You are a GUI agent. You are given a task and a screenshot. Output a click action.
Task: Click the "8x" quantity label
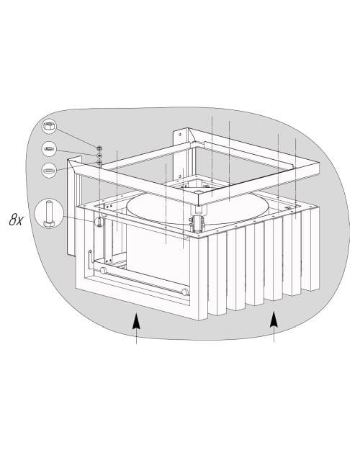tap(16, 220)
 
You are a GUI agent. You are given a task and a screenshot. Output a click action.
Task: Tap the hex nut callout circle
tap(49, 126)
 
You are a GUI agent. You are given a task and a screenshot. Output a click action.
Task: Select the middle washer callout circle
tap(49, 148)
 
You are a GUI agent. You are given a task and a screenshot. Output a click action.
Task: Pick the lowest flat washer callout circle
tap(49, 171)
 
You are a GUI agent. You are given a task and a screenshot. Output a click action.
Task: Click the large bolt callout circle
tap(49, 214)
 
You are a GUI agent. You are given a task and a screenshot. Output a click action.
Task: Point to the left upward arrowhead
tap(136, 320)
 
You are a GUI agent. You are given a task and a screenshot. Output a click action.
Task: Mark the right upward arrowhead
tap(274, 319)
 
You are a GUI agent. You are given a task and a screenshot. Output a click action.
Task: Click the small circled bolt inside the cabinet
tap(99, 222)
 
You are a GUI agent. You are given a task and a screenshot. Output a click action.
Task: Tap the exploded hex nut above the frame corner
tap(99, 148)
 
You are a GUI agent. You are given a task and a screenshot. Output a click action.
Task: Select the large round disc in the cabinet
tap(198, 208)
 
